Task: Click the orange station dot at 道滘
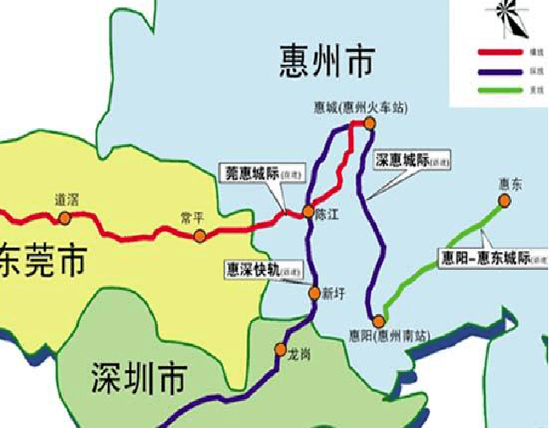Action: (64, 218)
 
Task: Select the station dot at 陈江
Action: (309, 212)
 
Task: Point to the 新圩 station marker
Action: (315, 294)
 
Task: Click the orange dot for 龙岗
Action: (281, 350)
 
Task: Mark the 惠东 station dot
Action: (505, 200)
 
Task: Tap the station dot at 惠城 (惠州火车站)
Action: (369, 124)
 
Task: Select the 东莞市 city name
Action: (42, 262)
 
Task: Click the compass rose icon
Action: (508, 19)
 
